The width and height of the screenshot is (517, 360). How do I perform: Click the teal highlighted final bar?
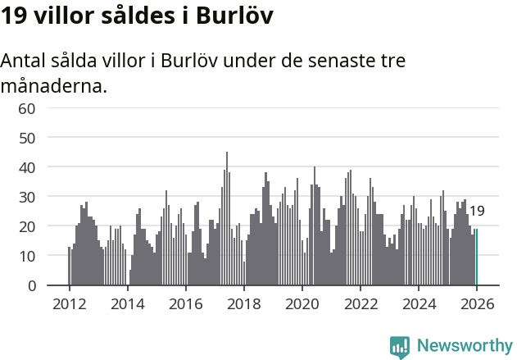click(476, 257)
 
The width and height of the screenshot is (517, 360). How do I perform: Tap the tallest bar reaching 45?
click(227, 219)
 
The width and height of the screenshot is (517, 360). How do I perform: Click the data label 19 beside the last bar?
click(477, 211)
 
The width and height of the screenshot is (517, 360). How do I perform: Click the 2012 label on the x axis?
click(69, 303)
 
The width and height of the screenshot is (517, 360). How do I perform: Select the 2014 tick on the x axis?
click(127, 303)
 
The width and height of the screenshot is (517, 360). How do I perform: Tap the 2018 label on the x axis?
click(243, 303)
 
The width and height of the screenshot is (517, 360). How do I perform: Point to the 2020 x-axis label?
click(302, 303)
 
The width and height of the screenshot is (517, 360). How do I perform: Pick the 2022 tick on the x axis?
click(360, 303)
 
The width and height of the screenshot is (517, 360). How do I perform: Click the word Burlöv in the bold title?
click(234, 16)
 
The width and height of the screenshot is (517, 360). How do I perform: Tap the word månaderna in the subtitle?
click(54, 85)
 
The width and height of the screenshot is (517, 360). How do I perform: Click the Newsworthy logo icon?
click(400, 347)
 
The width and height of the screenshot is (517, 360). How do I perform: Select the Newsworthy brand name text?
click(464, 346)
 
